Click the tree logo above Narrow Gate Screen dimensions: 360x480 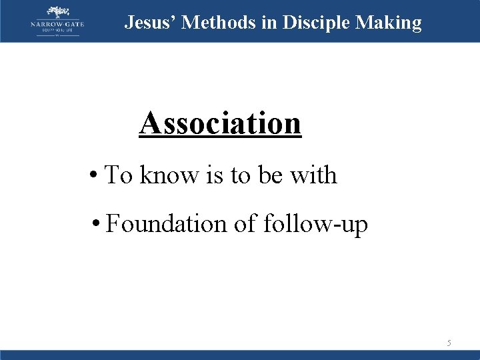(57, 12)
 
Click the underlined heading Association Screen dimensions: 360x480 (220, 123)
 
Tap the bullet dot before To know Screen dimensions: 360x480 (95, 176)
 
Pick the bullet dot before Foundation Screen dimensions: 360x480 (97, 225)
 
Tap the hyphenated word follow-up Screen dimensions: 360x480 (315, 225)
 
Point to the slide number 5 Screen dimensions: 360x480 (449, 343)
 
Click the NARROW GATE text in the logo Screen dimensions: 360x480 (57, 25)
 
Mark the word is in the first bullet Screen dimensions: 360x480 (215, 175)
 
